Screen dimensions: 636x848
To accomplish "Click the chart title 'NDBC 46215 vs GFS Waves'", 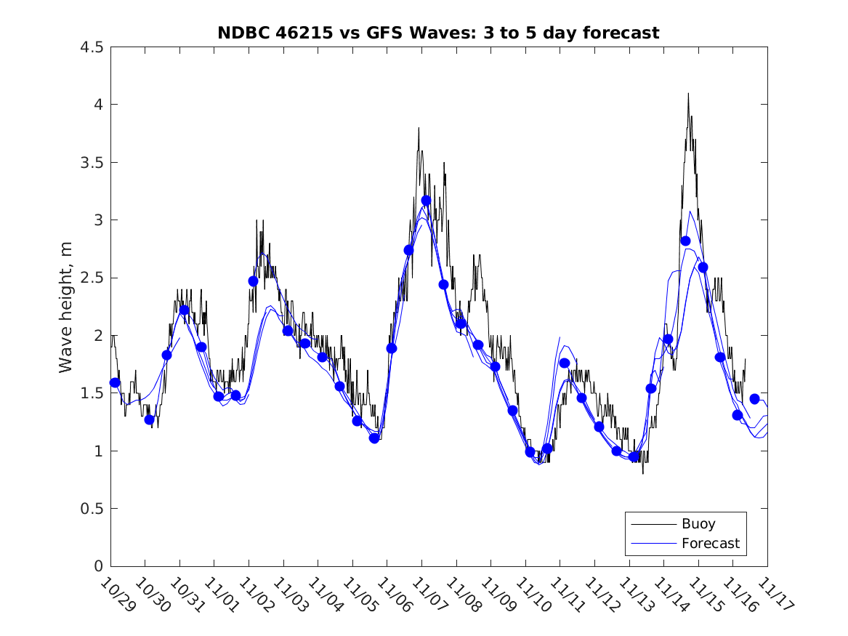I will click(x=438, y=33).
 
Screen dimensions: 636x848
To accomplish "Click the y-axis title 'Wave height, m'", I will click(x=66, y=307).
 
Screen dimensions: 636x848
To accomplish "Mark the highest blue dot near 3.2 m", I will click(x=426, y=201).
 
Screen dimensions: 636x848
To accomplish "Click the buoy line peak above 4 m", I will click(x=687, y=94).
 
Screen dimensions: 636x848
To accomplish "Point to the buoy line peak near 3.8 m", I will click(x=419, y=129).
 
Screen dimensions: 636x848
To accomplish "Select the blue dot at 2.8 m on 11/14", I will click(x=685, y=241).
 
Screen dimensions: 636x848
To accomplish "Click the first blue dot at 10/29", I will click(x=115, y=382).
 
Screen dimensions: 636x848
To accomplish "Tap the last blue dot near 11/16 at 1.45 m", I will click(x=754, y=399).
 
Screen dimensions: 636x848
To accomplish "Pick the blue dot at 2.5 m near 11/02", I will click(x=253, y=281).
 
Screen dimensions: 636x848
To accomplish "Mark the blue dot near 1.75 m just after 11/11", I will click(x=564, y=363).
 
